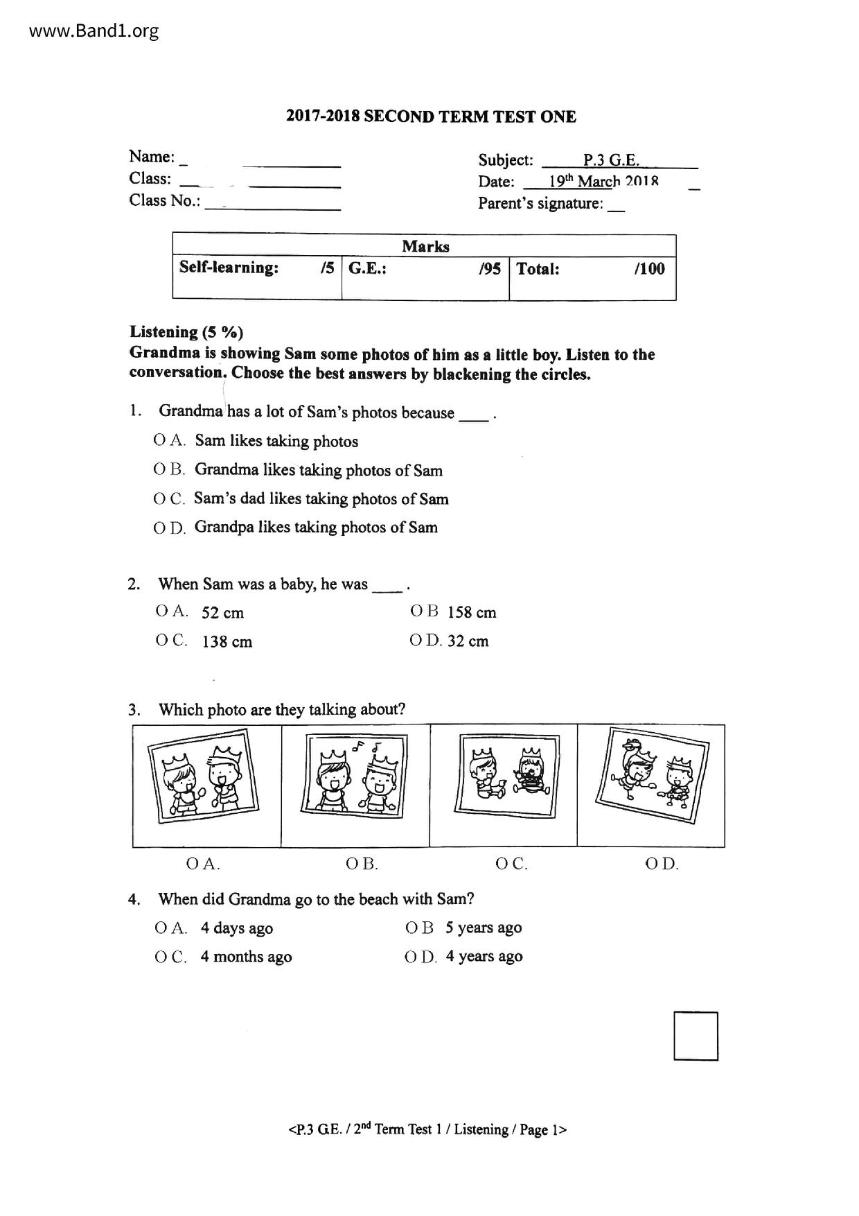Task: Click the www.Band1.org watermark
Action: [x=85, y=31]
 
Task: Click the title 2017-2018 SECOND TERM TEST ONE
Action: [x=431, y=116]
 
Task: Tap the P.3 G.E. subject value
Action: [x=610, y=160]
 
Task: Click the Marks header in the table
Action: [x=425, y=246]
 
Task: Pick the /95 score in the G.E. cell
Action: [x=489, y=268]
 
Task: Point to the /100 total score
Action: [x=649, y=268]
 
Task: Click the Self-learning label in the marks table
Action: [x=229, y=268]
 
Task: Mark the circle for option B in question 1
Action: [x=159, y=469]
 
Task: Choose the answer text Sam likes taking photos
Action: [x=276, y=441]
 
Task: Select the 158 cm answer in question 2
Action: [x=472, y=612]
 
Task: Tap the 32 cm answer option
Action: [x=468, y=641]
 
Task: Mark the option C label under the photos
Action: [x=511, y=864]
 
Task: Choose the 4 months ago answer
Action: [x=246, y=957]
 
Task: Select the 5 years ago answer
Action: [x=484, y=928]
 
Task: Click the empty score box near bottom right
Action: [x=696, y=1036]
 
